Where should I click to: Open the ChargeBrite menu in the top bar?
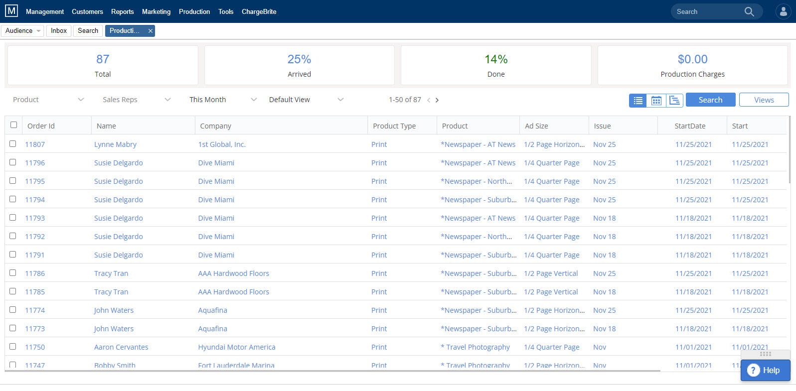tap(259, 11)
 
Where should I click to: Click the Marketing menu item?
tap(156, 11)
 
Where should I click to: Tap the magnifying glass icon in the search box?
tap(749, 11)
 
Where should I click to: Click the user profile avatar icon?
tap(783, 11)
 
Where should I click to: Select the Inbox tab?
tap(59, 30)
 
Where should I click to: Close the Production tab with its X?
tap(150, 31)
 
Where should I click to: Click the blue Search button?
tap(710, 100)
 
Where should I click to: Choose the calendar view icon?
tap(656, 100)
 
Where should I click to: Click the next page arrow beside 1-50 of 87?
tap(437, 100)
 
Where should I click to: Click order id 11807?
tap(35, 144)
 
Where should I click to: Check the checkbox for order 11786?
tap(13, 273)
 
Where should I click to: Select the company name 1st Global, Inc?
tap(222, 144)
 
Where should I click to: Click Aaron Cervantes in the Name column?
tap(121, 347)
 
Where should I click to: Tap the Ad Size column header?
tap(536, 126)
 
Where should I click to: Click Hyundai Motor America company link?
tap(237, 347)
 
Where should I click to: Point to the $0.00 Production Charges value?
tap(692, 59)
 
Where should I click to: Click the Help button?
tap(765, 370)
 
